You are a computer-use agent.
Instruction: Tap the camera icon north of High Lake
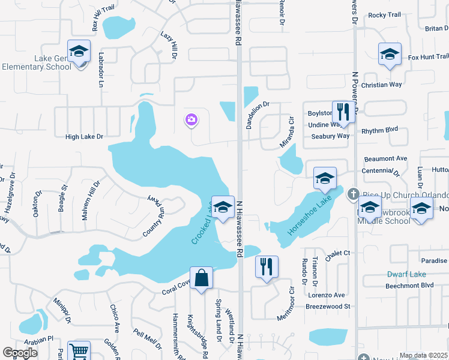coord(191,120)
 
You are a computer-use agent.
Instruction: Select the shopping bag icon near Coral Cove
coord(202,278)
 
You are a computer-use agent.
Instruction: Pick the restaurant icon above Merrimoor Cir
coord(267,266)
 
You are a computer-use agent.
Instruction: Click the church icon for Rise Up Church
coord(353,194)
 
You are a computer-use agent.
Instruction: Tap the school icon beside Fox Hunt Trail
coord(390,55)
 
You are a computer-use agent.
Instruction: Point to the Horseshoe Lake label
coord(309,214)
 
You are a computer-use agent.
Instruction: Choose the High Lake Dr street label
coord(84,137)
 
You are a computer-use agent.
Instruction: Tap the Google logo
coord(20,353)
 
